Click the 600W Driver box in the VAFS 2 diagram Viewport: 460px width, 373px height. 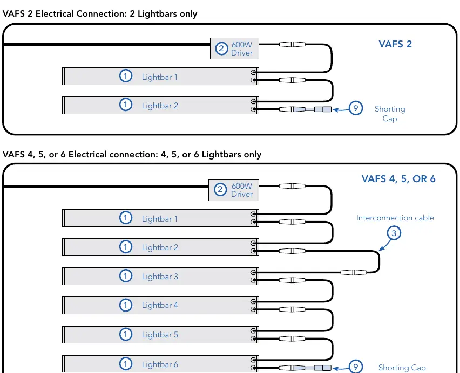234,49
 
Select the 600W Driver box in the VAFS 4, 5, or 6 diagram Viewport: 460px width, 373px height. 234,190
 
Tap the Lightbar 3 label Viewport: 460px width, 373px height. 160,277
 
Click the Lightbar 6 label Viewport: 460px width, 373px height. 160,364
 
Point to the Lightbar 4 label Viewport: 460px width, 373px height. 160,305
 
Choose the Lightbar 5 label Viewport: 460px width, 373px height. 160,335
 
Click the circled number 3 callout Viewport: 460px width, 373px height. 394,233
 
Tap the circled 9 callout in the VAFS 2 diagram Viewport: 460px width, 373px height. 356,108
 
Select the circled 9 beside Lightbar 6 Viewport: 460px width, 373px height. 356,367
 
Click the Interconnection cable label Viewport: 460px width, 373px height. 395,218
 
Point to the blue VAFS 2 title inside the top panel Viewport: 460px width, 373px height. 395,44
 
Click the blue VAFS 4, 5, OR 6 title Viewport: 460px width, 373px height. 398,179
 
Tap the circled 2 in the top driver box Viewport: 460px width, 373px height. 221,49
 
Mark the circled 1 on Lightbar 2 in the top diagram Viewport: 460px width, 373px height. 126,105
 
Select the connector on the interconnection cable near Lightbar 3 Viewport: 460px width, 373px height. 354,272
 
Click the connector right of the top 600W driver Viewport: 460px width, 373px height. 292,45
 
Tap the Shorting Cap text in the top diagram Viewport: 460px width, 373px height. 390,114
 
